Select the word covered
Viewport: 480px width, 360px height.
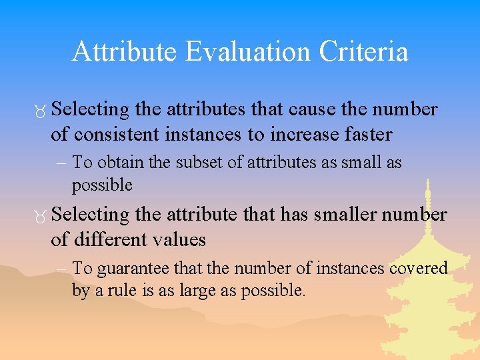417,268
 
